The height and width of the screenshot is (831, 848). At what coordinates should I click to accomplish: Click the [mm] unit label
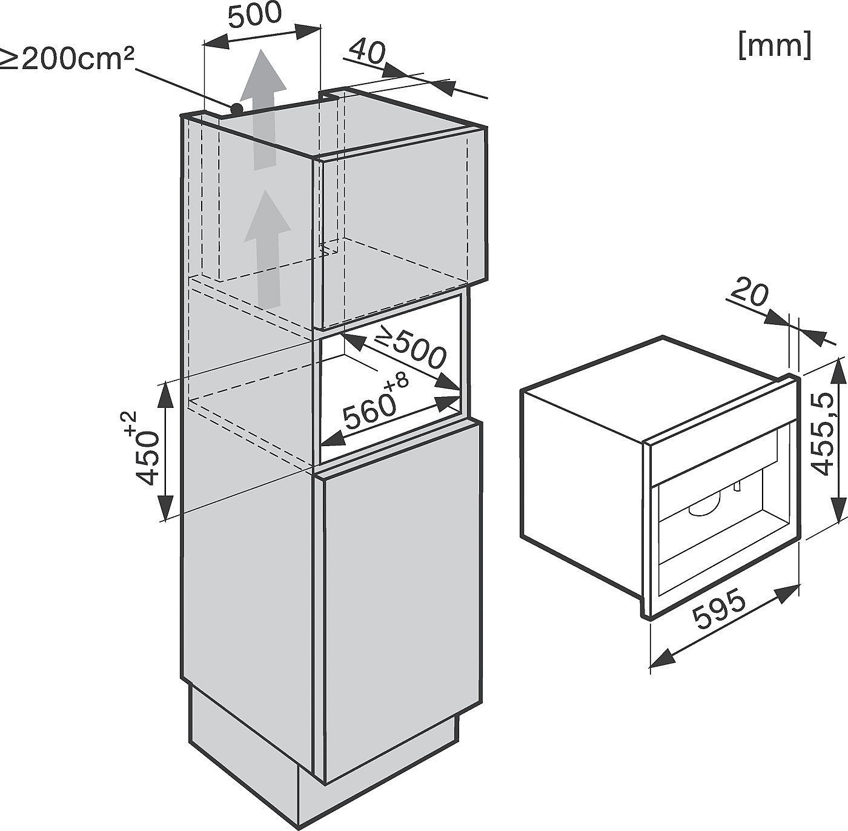pos(775,45)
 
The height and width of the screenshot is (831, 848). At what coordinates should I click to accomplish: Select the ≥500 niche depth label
pos(409,350)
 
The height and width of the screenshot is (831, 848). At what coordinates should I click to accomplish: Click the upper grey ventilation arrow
pos(263,109)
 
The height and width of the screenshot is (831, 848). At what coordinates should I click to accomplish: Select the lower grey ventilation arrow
pos(267,249)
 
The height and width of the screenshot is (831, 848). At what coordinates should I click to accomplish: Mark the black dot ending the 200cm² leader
pos(237,107)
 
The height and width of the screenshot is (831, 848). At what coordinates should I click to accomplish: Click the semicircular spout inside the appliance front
pos(704,510)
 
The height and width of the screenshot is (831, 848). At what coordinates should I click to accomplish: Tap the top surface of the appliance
pos(656,387)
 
